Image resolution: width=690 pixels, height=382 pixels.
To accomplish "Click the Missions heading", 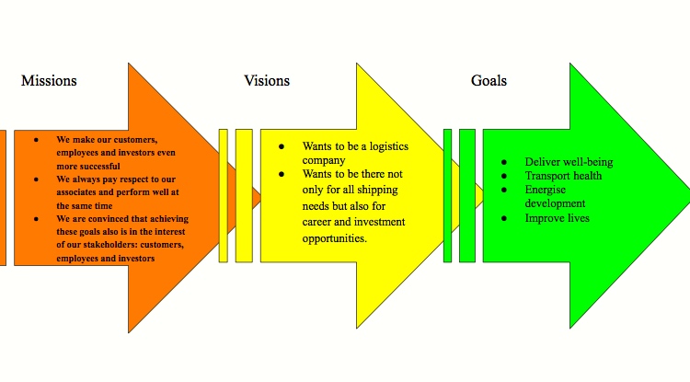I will point(49,81).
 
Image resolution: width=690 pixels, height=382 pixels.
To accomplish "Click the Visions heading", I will point(267,81).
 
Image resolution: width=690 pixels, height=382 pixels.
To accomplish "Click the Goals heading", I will point(489,81).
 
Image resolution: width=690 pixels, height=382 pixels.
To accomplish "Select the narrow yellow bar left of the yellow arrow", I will point(224,195).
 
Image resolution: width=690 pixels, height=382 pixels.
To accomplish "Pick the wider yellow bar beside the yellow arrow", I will point(244,195).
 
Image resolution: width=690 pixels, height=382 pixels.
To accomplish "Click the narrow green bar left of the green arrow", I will point(447,195).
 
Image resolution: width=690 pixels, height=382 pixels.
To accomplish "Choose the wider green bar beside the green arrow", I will point(467,195).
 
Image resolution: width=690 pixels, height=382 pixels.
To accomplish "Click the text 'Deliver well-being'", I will point(569,162).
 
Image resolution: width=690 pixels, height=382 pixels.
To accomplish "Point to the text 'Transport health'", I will point(564,176).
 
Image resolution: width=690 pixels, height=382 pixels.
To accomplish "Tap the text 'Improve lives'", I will point(558,218).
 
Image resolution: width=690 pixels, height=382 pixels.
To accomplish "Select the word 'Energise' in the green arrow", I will point(546,190).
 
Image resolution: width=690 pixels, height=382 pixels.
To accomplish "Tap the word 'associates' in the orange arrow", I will point(80,192).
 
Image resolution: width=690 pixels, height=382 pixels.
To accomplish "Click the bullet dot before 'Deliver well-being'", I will point(504,162).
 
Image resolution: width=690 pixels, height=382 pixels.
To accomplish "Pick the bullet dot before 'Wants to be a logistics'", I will point(282,146).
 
